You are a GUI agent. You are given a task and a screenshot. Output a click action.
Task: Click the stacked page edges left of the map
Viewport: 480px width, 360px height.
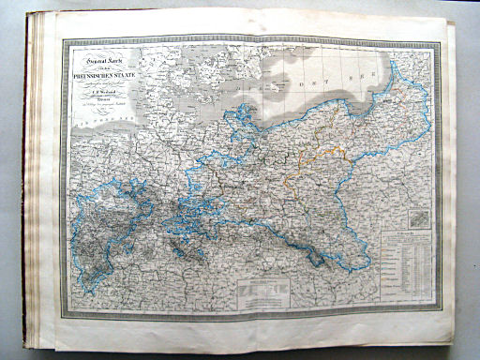click(41, 178)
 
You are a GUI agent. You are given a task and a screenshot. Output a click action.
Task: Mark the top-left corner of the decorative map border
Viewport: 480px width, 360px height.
click(61, 39)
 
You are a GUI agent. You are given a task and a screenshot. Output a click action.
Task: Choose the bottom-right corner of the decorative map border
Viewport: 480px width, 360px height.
click(438, 307)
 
